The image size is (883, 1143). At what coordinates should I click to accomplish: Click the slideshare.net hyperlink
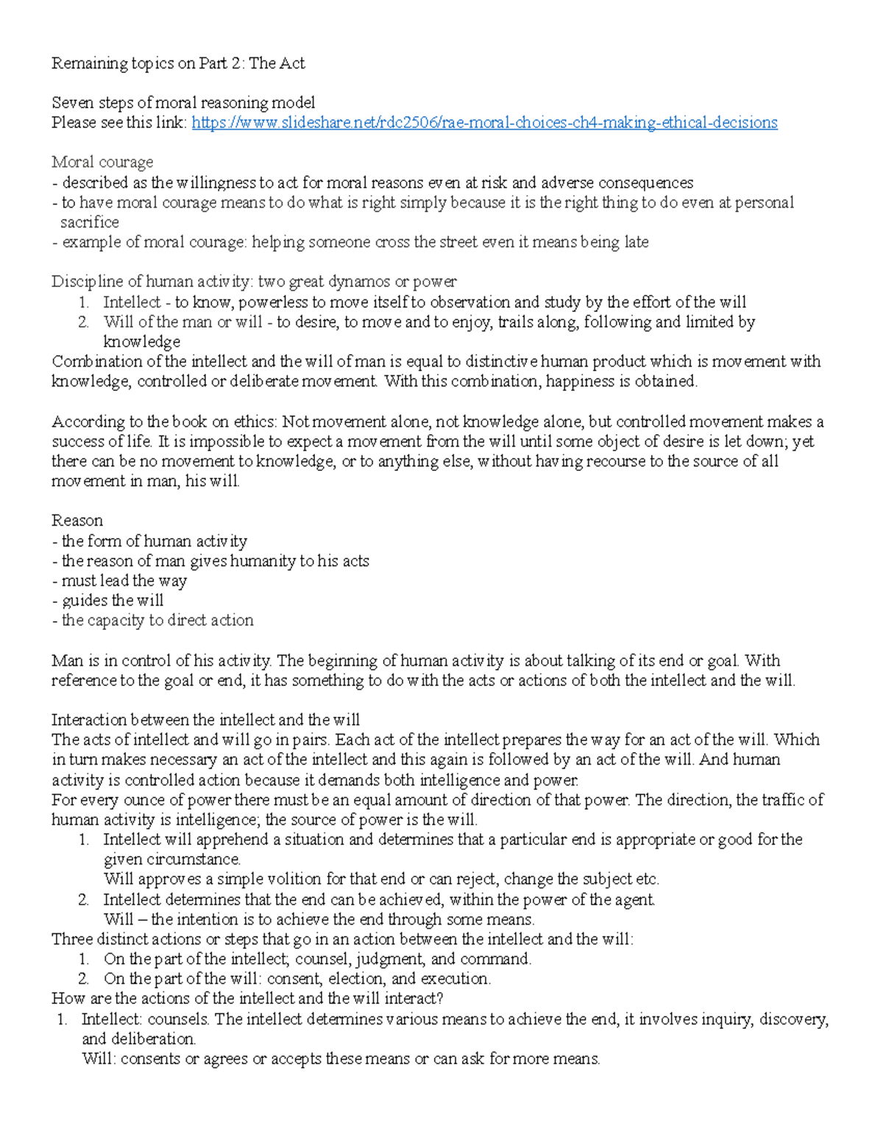click(x=484, y=122)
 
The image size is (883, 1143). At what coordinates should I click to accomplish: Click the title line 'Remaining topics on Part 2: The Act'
click(x=178, y=63)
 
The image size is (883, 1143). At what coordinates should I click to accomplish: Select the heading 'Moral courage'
click(x=102, y=162)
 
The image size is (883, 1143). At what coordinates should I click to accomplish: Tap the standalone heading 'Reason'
click(x=77, y=520)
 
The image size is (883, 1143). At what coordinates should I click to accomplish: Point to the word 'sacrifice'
click(x=89, y=222)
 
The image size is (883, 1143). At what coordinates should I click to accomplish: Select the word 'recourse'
click(x=598, y=461)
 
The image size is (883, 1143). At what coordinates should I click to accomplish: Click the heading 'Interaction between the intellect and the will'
click(x=205, y=720)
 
